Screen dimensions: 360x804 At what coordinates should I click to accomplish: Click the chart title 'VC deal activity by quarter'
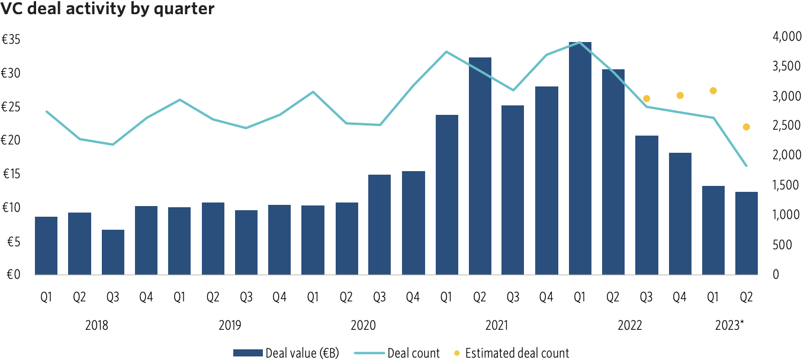tap(107, 10)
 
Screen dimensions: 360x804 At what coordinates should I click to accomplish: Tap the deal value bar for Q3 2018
tap(113, 252)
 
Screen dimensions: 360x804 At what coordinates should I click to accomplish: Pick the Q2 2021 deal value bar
tap(480, 166)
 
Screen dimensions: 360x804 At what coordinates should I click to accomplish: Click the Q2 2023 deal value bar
tap(747, 233)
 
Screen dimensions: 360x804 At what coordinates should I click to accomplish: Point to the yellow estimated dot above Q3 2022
tap(647, 99)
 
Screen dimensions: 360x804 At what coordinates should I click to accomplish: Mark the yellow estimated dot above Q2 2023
tap(747, 127)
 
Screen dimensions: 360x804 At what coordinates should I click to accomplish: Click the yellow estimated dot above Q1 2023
tap(713, 91)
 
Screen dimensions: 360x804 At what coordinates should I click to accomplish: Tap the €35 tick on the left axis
tap(12, 40)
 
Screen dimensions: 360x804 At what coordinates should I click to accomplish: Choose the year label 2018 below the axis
tap(97, 326)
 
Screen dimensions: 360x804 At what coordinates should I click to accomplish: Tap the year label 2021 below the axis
tap(497, 326)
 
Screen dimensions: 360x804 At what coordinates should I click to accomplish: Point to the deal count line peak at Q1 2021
tap(446, 52)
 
